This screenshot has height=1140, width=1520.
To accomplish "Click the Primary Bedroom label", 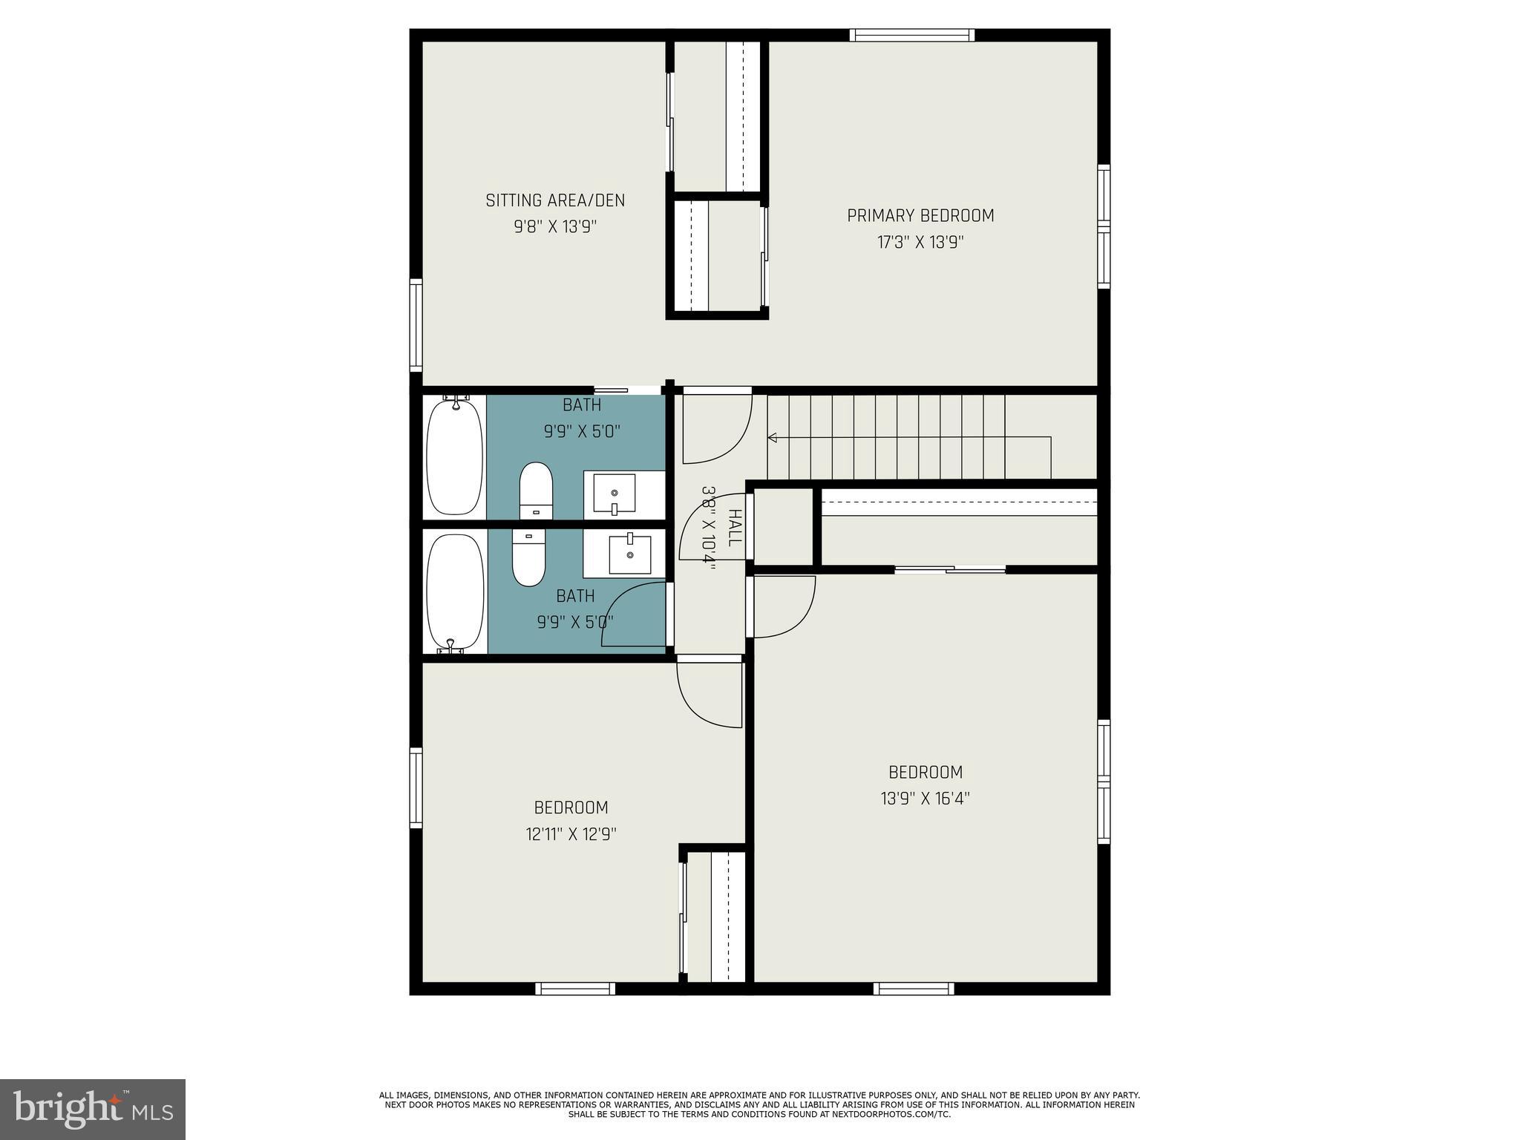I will (x=920, y=216).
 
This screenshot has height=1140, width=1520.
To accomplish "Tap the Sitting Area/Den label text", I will (x=555, y=200).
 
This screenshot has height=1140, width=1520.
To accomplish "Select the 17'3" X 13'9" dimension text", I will (x=920, y=242).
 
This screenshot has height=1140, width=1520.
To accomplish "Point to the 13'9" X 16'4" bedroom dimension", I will (x=926, y=799).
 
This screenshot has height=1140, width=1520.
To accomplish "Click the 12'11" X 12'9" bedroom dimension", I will (x=571, y=834).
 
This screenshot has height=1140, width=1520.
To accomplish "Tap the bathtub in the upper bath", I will (x=454, y=457).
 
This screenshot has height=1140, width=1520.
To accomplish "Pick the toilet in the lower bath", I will (x=528, y=557).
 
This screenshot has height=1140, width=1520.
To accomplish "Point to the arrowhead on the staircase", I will (x=772, y=438).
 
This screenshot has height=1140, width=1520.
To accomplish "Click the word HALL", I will (x=734, y=528).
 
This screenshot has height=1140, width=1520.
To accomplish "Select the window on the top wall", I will (x=912, y=35).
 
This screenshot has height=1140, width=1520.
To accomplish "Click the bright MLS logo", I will (x=93, y=1110).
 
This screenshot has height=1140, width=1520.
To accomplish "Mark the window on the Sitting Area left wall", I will (x=416, y=324).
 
